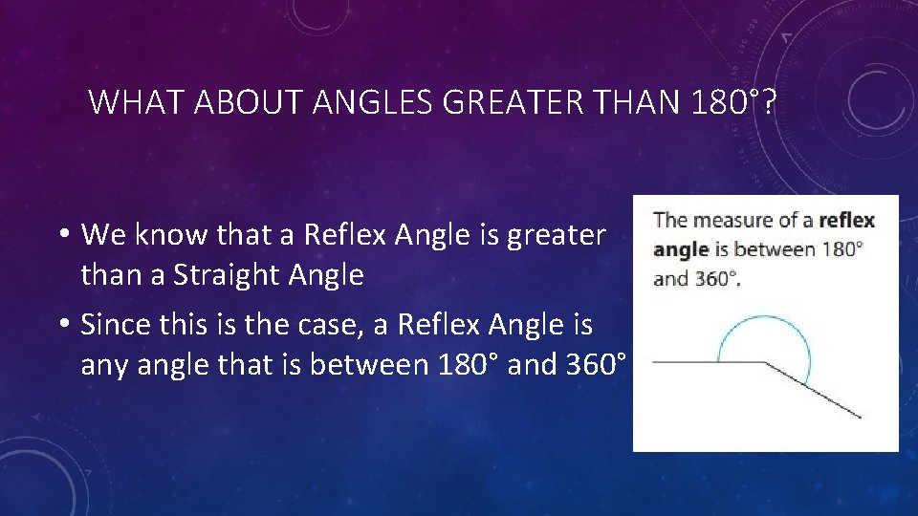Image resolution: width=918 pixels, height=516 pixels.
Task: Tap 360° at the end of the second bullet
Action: (x=595, y=366)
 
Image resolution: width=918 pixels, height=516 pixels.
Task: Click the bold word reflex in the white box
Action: (x=846, y=221)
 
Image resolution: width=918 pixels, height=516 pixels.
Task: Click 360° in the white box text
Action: (x=715, y=280)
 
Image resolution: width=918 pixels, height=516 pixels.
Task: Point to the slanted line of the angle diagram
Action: (x=813, y=390)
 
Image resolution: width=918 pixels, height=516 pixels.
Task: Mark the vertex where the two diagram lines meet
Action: (x=765, y=362)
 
